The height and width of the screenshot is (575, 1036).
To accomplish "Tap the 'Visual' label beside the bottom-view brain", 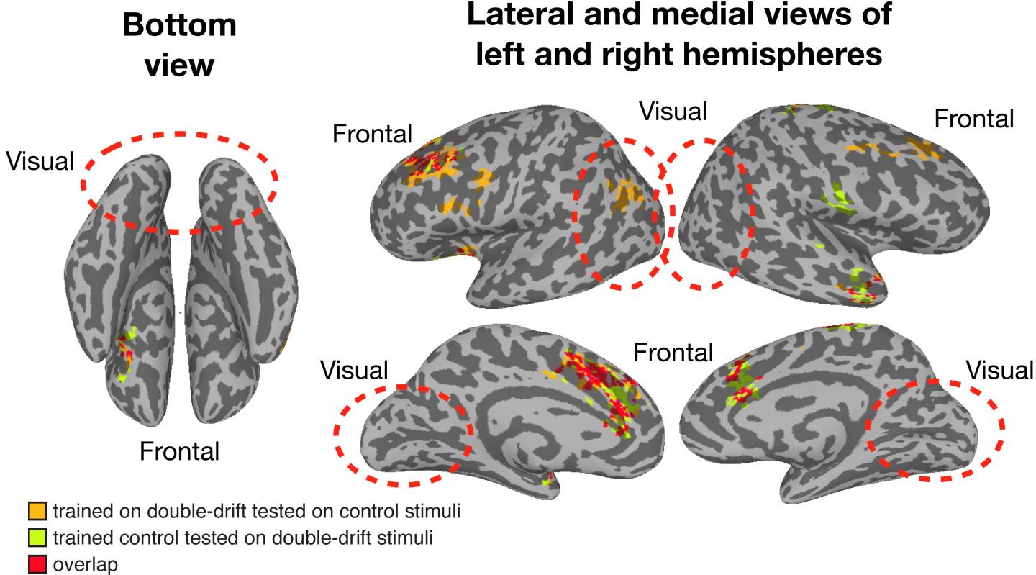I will (40, 160).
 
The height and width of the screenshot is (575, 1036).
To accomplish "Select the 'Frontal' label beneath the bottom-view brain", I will (179, 451).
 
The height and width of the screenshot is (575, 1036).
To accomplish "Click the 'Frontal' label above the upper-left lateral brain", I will (372, 133).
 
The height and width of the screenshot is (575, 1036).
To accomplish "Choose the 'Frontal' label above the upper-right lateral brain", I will (974, 118).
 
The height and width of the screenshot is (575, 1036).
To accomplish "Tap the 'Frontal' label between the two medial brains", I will (673, 352).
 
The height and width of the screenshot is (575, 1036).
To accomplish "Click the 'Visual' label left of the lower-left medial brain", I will (354, 370).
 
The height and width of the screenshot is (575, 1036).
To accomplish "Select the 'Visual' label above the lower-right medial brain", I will (999, 370).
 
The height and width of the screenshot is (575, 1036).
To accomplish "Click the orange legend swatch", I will (38, 512).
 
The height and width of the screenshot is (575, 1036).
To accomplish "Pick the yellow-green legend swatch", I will (38, 538).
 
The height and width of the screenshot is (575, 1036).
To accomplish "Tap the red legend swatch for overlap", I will (38, 564).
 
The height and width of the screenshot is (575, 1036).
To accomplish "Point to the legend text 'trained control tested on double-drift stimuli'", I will (242, 538).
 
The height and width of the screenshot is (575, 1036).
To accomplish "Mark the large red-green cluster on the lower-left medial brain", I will (601, 389).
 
